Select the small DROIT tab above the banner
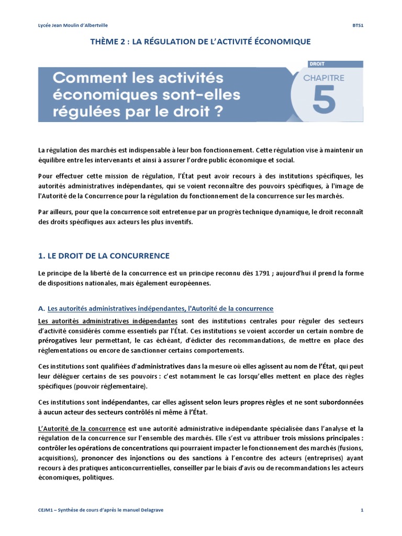[317, 64]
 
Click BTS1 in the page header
[358, 25]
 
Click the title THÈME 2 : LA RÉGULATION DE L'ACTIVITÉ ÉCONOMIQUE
[201, 41]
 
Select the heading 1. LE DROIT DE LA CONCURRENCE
[104, 255]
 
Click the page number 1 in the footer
[362, 510]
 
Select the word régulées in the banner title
[87, 111]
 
